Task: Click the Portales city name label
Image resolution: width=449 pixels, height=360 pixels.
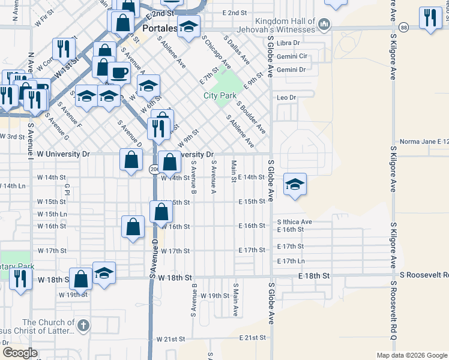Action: [160, 28]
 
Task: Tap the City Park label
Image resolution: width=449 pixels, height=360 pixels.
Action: [220, 95]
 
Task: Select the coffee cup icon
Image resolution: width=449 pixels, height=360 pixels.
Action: [119, 73]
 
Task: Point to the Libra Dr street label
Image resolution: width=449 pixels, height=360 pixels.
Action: [289, 43]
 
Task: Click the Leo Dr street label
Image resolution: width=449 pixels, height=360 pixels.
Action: [286, 97]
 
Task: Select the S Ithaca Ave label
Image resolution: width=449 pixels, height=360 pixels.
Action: [295, 221]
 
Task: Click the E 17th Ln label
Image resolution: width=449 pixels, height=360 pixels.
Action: [291, 261]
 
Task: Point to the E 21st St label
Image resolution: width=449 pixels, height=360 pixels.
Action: [252, 338]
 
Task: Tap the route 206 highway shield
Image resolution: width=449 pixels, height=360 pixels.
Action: [154, 170]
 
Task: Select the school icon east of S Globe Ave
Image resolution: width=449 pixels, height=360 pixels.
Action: [295, 184]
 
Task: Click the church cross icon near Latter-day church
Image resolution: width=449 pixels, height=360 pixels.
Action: [83, 326]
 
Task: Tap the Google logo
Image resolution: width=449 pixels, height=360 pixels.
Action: [20, 353]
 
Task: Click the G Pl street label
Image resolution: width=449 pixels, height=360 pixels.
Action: [68, 190]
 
